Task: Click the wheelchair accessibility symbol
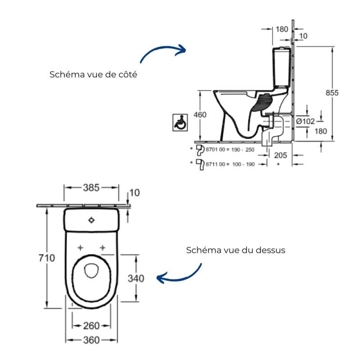coord(180,122)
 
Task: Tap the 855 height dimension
coord(332,93)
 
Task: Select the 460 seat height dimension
coord(200,115)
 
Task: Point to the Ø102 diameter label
coord(305,121)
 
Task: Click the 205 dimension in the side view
coord(280,155)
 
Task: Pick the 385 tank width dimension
coord(91,188)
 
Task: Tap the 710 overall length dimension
coord(47,258)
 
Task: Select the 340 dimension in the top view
coord(136,279)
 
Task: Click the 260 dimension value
coord(91,326)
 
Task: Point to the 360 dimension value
coord(91,340)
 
